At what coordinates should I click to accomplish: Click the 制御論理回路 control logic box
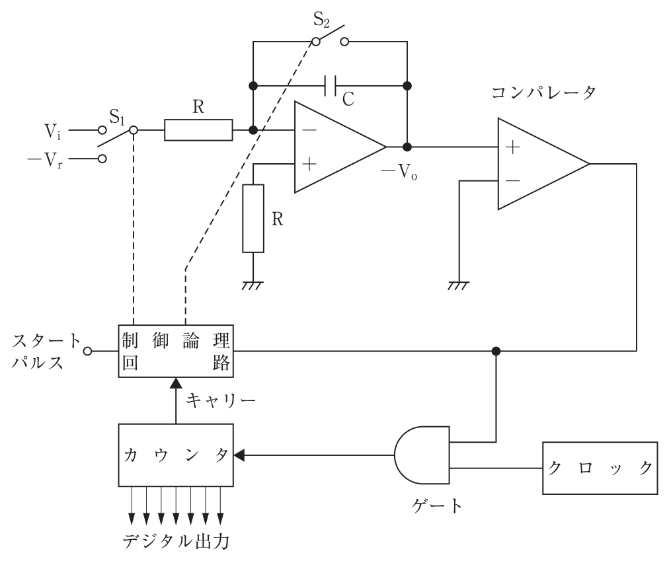point(176,351)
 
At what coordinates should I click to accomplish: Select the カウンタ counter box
point(176,455)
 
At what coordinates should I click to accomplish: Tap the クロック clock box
point(600,468)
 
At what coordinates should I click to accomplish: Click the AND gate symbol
point(422,455)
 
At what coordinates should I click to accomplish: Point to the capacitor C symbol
point(331,86)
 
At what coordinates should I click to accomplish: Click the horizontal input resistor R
point(198,130)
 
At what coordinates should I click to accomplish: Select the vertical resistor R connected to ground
point(253,219)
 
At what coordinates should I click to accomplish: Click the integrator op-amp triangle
point(340,147)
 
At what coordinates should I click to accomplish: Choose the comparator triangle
point(543,164)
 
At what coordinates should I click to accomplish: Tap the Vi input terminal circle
point(102,130)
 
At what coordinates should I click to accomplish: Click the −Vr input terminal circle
point(102,159)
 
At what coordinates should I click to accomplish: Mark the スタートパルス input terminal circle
point(87,351)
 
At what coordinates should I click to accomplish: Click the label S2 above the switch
point(321,19)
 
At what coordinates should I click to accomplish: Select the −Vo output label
point(399,172)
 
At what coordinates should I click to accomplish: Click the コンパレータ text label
point(543,93)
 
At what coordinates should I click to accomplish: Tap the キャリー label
point(221,400)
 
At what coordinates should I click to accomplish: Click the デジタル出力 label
point(177,542)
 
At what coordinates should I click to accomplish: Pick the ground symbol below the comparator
point(459,286)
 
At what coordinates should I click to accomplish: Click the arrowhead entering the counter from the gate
point(239,455)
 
